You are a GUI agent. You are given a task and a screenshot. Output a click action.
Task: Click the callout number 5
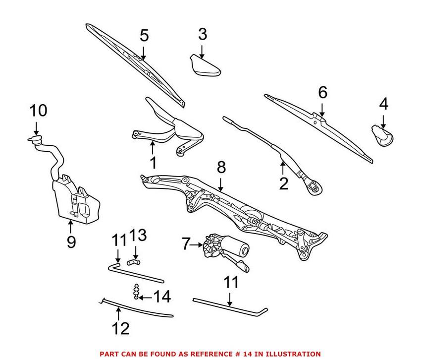[144, 36]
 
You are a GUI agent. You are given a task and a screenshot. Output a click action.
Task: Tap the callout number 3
[202, 35]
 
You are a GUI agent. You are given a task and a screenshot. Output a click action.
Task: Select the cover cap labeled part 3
[204, 66]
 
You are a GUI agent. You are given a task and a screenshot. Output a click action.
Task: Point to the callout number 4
[384, 104]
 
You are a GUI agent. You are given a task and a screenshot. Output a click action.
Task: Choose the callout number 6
[322, 92]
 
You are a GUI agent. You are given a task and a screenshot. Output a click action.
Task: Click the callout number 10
[38, 110]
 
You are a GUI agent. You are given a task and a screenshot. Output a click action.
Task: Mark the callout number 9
[71, 242]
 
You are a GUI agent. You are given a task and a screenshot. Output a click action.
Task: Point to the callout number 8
[221, 167]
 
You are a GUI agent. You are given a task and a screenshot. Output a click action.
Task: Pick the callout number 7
[186, 243]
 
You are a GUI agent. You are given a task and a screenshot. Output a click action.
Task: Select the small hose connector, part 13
[134, 258]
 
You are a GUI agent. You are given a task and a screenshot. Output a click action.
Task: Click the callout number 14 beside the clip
[161, 297]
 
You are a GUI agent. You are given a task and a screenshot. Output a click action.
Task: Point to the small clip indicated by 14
[135, 293]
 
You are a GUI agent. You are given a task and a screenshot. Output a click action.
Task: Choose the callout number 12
[120, 328]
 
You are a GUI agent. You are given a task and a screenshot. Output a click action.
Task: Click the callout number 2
[283, 184]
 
